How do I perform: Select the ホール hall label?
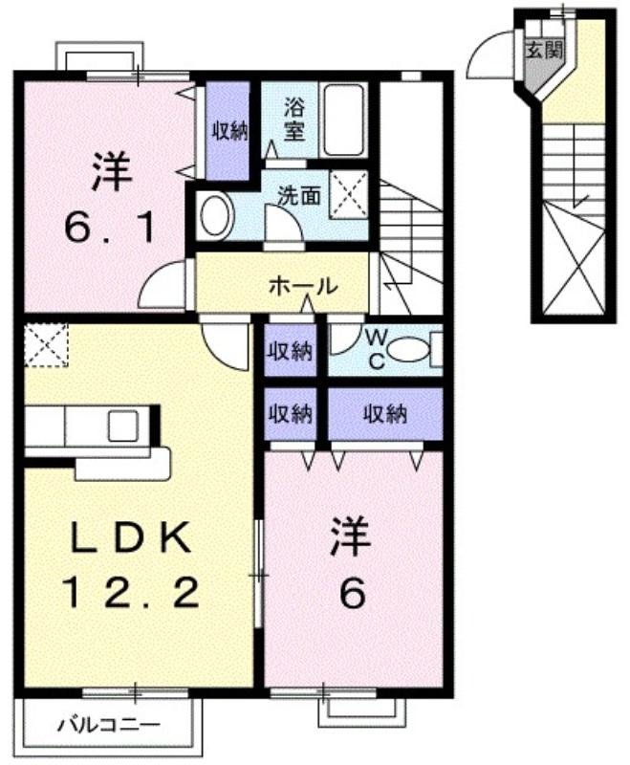[302, 285]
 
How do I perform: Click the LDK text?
[133, 538]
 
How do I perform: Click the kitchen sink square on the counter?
[124, 425]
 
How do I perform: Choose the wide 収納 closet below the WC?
[384, 414]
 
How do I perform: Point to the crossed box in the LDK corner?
[47, 344]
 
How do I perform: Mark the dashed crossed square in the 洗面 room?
[350, 193]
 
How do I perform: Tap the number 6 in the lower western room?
[352, 595]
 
